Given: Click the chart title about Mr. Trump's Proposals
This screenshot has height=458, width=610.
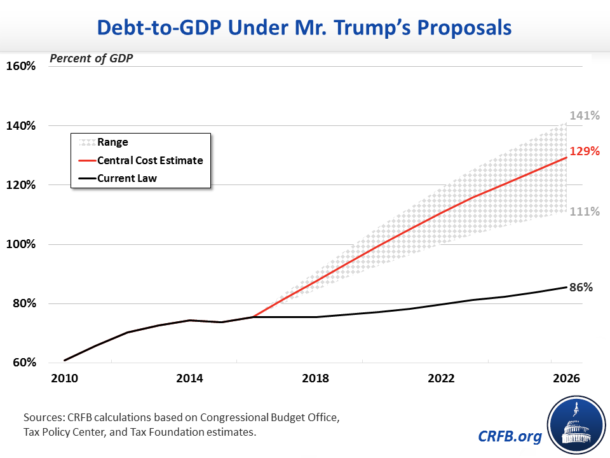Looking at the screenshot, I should tap(304, 29).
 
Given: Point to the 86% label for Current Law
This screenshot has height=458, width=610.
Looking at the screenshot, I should tap(581, 287).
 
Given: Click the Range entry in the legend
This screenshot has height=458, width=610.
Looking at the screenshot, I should tap(112, 142).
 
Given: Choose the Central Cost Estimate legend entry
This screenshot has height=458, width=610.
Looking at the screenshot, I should tap(150, 160).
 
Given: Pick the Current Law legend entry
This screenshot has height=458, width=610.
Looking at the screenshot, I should tap(127, 178).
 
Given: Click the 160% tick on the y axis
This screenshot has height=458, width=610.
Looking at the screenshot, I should tap(22, 66).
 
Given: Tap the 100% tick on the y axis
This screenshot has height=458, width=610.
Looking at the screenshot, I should tap(22, 245).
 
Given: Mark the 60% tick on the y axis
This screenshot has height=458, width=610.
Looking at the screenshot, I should tap(24, 363).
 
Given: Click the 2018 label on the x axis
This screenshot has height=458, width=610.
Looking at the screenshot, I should tap(315, 378).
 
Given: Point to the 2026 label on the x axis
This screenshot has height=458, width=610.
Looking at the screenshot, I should tap(566, 378).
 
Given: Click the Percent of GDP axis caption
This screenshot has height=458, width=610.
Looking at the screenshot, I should tap(95, 59).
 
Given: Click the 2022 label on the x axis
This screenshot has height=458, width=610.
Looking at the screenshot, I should tap(441, 378).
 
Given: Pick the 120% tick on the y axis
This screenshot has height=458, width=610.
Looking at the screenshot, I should tap(22, 185).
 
